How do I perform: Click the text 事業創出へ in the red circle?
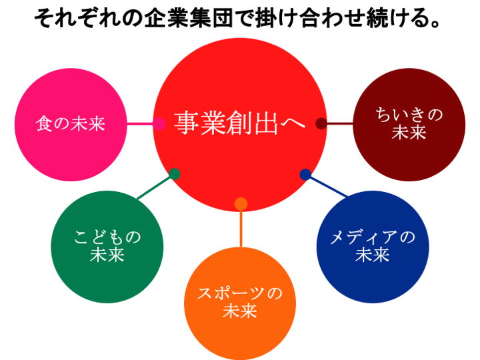tap(240, 123)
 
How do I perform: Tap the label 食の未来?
tap(70, 124)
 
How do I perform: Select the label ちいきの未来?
tap(409, 123)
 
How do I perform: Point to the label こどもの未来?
tap(107, 246)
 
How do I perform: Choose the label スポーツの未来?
tap(240, 302)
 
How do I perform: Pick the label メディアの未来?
tap(372, 246)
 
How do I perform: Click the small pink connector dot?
tap(159, 123)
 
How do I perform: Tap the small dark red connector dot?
tap(321, 123)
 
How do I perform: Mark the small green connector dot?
tap(175, 174)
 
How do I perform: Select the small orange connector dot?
tap(241, 203)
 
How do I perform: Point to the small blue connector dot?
tap(305, 174)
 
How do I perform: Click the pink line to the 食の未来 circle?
tap(141, 123)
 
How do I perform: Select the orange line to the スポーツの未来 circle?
tap(241, 228)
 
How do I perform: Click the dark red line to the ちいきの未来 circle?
tap(339, 123)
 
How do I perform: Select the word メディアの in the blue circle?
tap(372, 237)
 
